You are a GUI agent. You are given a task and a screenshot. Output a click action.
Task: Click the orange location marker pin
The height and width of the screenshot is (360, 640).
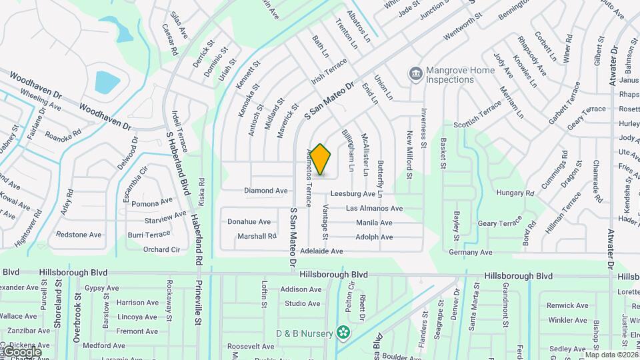coord(321,159)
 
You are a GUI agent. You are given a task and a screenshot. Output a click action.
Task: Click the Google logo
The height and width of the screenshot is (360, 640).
coord(22,351)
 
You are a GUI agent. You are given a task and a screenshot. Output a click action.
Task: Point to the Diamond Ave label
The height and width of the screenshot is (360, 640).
coord(266,191)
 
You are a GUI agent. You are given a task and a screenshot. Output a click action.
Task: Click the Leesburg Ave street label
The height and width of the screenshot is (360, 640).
coord(352,194)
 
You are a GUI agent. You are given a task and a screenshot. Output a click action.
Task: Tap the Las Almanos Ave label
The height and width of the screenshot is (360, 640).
coord(374,209)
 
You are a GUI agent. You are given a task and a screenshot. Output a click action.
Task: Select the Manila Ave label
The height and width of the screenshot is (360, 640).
coord(374,223)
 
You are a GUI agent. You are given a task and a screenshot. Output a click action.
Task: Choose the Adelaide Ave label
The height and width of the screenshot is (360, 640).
coord(321,251)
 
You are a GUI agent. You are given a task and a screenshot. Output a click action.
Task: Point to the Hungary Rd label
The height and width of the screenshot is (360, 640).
coord(515,193)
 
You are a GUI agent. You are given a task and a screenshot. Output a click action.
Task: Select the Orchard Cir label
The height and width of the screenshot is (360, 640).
coord(162,250)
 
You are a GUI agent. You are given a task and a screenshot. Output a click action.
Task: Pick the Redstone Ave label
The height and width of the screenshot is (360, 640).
coord(79,235)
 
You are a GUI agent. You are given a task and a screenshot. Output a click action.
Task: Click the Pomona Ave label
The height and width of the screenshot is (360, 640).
coord(152,203)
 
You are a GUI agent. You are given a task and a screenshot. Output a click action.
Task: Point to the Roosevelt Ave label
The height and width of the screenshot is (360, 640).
coord(251,347)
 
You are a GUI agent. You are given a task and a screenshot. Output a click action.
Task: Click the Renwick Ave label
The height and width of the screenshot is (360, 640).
coord(567,306)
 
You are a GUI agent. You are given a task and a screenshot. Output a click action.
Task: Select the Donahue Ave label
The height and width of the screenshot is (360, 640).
coord(249,222)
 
